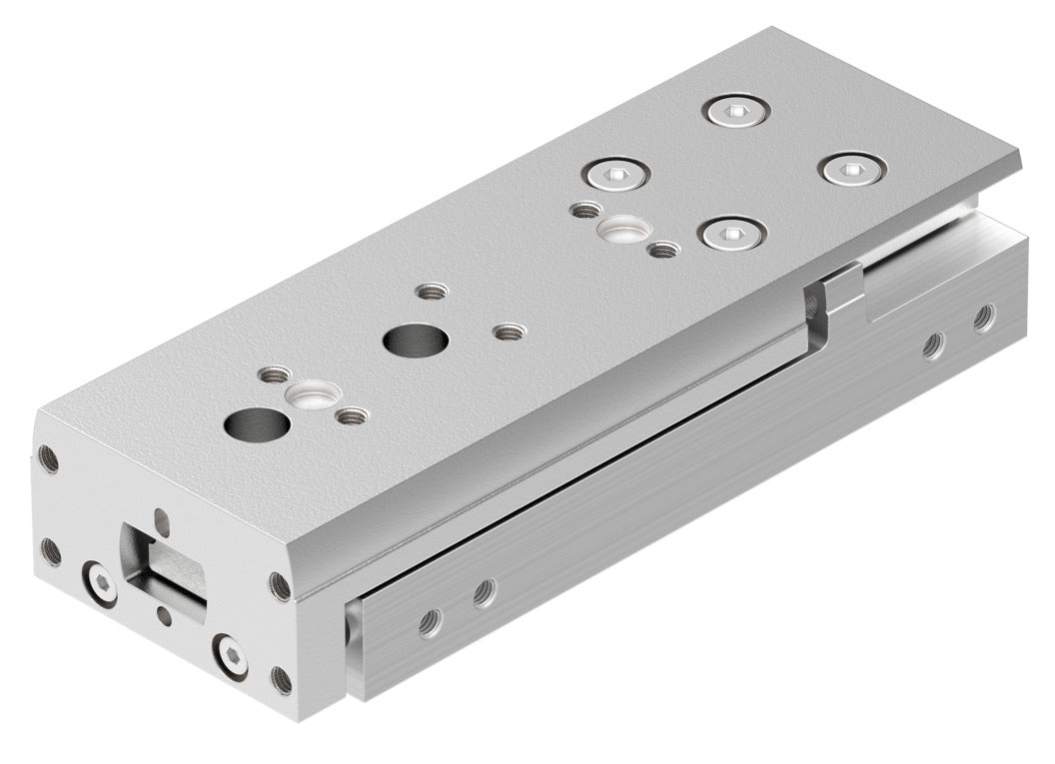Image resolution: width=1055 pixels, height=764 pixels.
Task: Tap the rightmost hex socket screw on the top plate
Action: [852, 169]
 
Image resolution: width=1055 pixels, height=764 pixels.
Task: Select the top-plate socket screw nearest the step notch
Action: [733, 234]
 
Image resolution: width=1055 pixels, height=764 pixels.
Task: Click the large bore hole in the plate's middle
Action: [415, 341]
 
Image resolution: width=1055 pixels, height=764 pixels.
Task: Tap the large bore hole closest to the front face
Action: [257, 423]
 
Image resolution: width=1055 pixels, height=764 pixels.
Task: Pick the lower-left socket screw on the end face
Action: [99, 584]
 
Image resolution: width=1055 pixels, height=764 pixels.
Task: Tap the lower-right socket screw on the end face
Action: [231, 656]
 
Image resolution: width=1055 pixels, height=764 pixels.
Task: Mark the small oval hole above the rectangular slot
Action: [163, 519]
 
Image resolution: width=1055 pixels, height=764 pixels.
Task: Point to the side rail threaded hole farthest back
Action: [985, 317]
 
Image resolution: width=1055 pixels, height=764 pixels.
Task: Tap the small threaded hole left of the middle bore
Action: [432, 293]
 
